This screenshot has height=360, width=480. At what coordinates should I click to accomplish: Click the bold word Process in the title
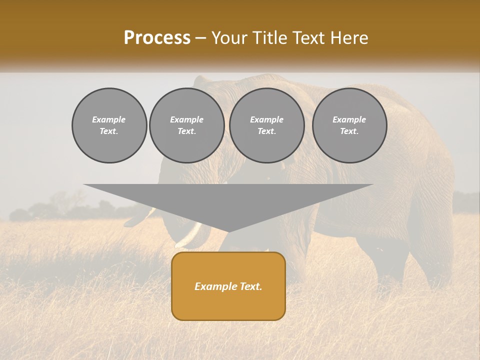coord(157,38)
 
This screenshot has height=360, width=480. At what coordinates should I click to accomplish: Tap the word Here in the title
coord(349,38)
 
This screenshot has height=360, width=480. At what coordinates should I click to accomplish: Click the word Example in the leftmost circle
coord(109,119)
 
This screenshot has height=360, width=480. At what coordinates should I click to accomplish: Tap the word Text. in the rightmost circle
coord(349,131)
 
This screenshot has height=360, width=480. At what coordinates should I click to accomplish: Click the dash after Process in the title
coord(200,38)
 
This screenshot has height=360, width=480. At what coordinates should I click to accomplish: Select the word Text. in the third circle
coord(266,131)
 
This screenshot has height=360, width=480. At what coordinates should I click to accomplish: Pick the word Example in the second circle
coord(186,119)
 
